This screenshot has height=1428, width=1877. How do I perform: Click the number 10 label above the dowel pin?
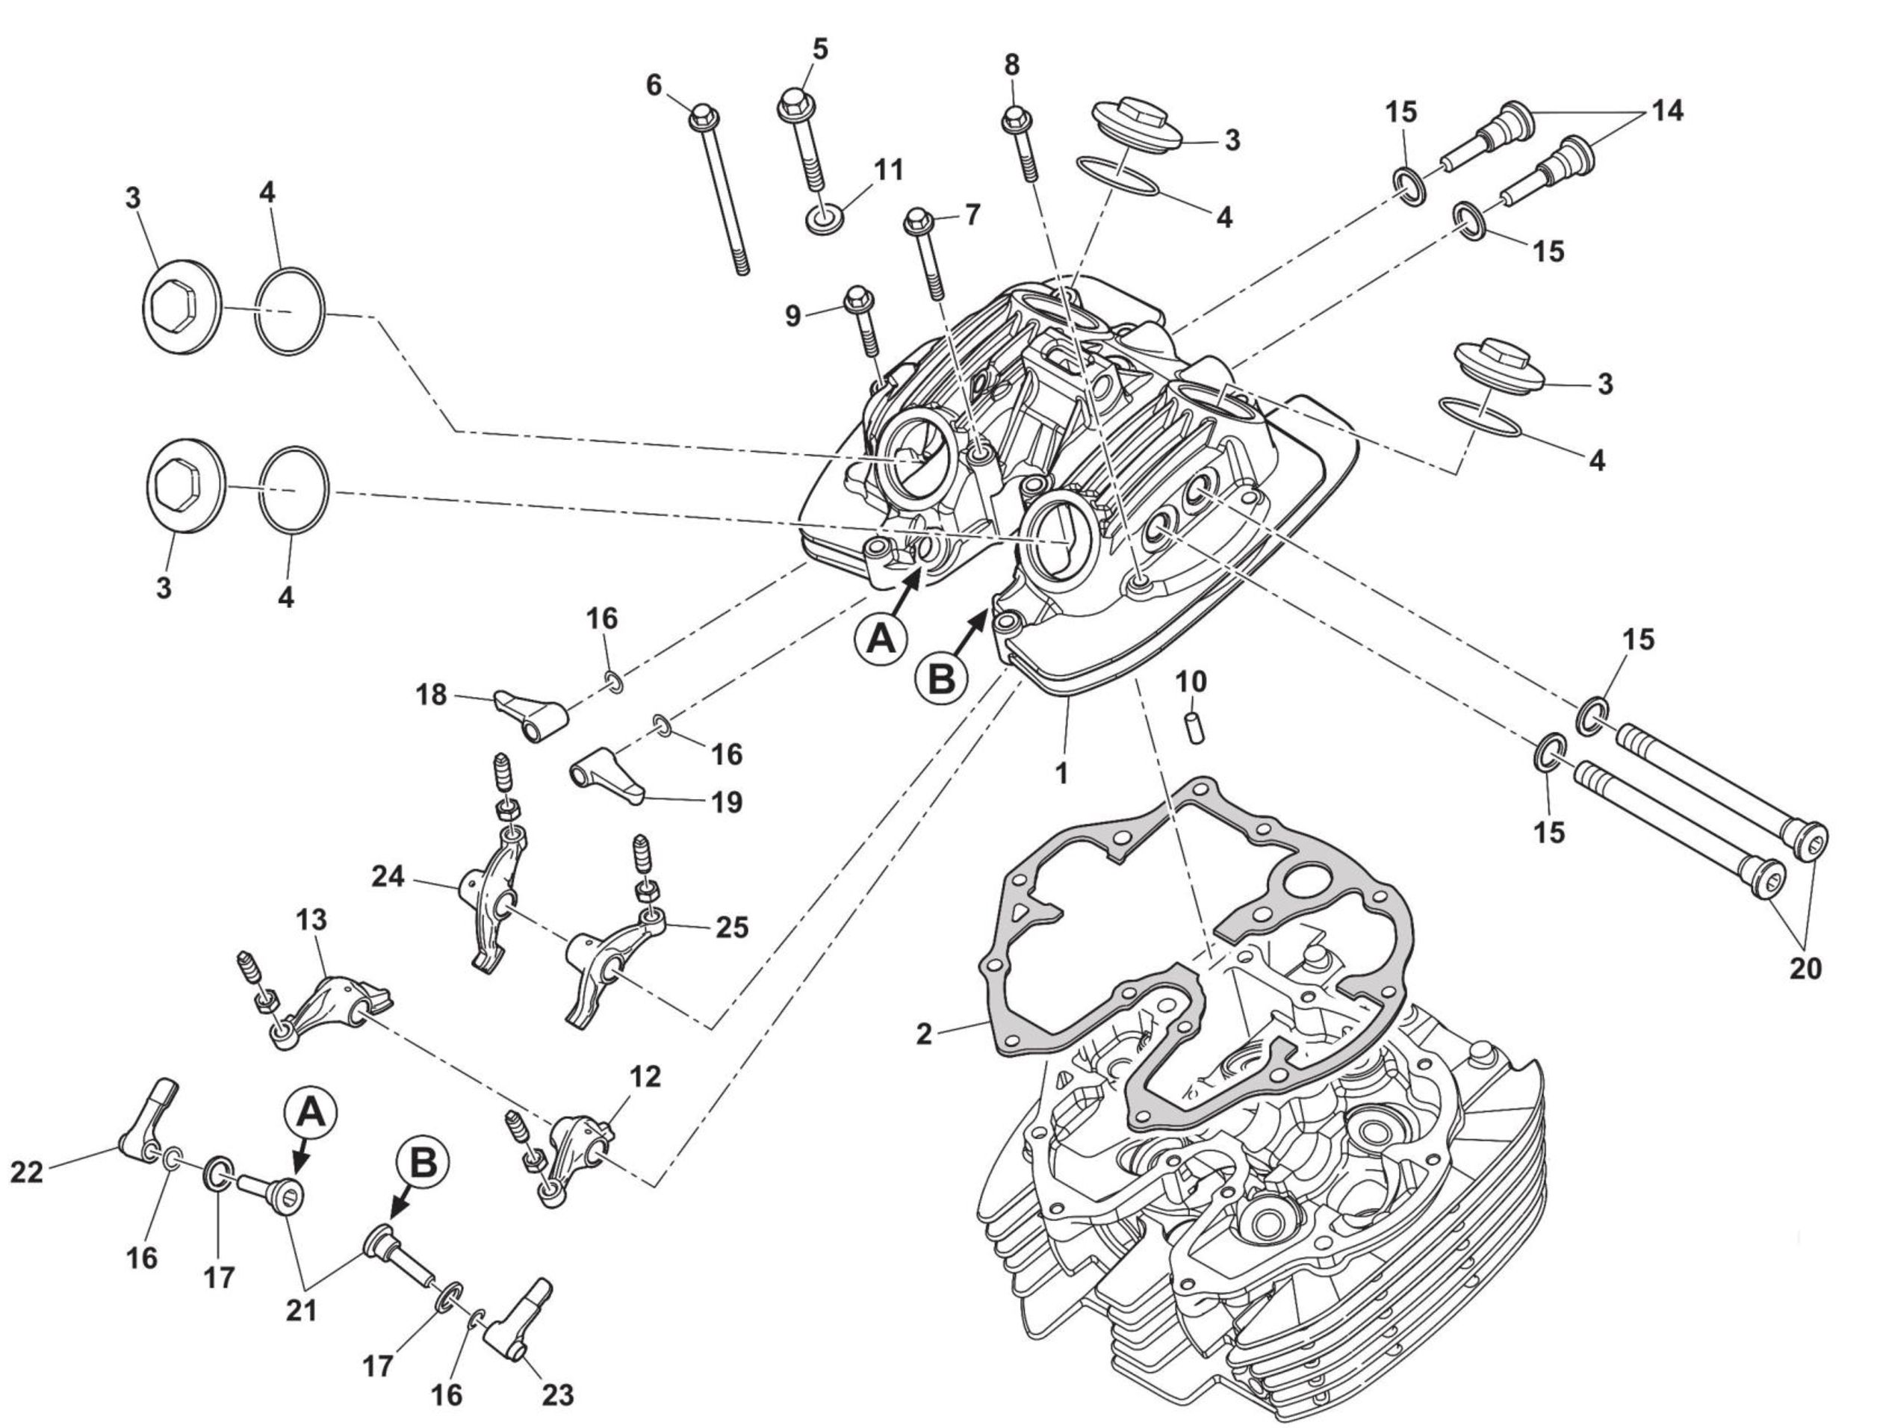pos(1191,682)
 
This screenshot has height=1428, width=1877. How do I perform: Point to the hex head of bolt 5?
pos(792,105)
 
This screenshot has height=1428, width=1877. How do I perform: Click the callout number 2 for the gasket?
pos(924,1034)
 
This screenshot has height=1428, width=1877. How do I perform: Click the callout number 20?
pos(1805,967)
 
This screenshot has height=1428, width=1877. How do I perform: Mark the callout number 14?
pos(1667,111)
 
